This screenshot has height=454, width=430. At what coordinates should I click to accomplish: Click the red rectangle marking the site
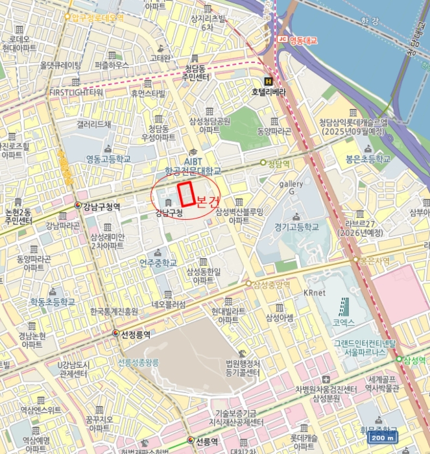187,194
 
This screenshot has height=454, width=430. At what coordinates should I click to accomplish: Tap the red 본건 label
208,200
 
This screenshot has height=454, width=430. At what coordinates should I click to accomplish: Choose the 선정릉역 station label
135,335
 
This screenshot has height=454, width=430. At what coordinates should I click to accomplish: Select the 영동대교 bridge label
302,40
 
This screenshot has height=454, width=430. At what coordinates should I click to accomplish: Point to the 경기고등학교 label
297,228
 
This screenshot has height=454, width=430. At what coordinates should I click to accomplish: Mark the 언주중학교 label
158,263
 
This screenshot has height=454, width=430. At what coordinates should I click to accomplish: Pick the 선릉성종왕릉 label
139,363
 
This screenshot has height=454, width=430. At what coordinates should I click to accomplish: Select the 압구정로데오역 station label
97,18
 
